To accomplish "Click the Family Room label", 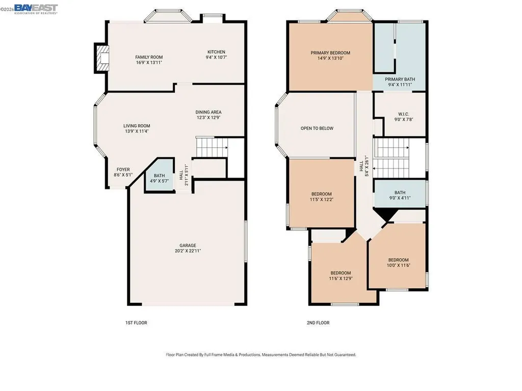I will (x=149, y=57).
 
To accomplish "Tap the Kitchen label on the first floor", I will (x=216, y=52).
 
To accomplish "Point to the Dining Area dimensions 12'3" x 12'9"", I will (x=208, y=118).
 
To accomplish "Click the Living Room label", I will (x=137, y=126).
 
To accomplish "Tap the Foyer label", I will (x=123, y=170).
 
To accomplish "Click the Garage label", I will (x=188, y=245).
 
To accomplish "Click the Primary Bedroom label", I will (x=330, y=53).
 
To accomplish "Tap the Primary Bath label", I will (x=400, y=79).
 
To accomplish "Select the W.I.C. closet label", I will (x=403, y=114).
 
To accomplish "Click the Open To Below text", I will (x=317, y=128).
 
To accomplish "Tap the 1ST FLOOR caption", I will (x=136, y=323).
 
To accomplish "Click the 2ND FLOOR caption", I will (x=319, y=323).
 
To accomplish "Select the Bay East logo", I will (x=35, y=9).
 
